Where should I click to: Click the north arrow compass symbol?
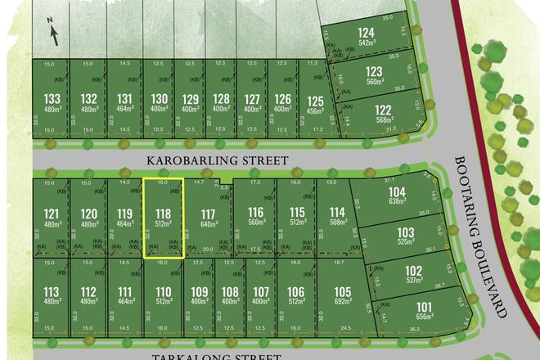point(53,32)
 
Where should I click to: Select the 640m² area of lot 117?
point(208,223)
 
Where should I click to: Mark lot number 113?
point(51,291)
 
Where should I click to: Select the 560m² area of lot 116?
point(256,222)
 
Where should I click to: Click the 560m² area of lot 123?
point(374,81)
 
